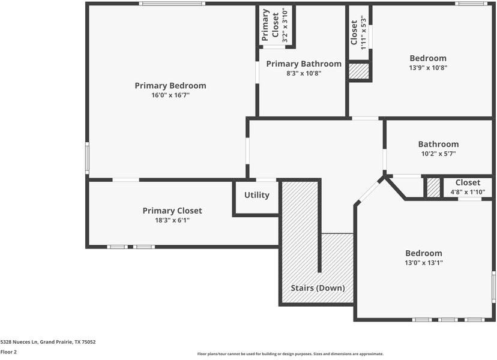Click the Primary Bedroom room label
(170, 86)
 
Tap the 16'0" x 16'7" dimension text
(170, 95)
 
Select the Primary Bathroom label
(304, 64)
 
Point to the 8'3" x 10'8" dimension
(304, 73)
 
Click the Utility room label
(256, 195)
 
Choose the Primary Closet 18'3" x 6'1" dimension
(172, 220)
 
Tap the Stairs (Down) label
(318, 288)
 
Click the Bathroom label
(438, 144)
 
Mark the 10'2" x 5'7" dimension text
(438, 154)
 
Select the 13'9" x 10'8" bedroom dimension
(428, 68)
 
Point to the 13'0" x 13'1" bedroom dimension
(423, 263)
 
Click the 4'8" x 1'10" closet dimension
(468, 193)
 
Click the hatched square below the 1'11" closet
(359, 71)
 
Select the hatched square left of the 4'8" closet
(433, 187)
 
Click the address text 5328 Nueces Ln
(48, 342)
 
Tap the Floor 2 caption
(8, 352)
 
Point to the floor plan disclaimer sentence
(290, 354)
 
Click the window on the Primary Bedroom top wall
(172, 4)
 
